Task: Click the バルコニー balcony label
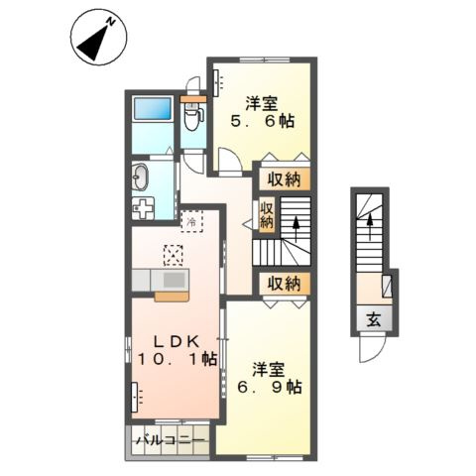tap(167, 438)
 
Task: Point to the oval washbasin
tap(139, 178)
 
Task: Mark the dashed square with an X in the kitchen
tap(175, 255)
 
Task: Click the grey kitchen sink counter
tap(171, 283)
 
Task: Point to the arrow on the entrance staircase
tap(371, 229)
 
